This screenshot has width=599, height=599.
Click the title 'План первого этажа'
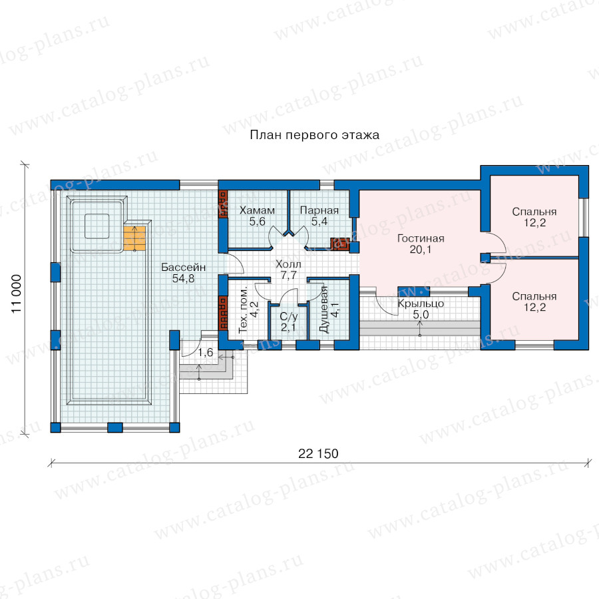(314, 135)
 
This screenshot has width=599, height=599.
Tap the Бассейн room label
(184, 267)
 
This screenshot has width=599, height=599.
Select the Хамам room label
(257, 210)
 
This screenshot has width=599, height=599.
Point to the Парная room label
(319, 210)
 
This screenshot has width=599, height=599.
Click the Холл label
(288, 264)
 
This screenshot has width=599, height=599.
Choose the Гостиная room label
(421, 238)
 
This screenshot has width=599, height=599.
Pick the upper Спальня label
(534, 212)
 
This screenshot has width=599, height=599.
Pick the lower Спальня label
(534, 296)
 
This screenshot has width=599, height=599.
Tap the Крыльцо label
(421, 303)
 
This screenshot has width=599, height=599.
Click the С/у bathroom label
(288, 316)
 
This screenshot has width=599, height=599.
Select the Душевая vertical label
(323, 309)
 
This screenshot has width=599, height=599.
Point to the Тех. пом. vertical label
(243, 309)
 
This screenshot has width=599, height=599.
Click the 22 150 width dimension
(318, 453)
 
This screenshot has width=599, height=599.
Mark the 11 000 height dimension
(17, 294)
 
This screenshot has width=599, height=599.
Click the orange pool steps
(134, 239)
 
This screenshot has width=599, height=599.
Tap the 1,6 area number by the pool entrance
(206, 352)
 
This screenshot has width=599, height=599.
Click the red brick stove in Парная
(339, 244)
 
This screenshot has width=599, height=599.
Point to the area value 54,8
(184, 278)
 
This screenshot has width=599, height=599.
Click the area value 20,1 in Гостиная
(421, 250)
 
